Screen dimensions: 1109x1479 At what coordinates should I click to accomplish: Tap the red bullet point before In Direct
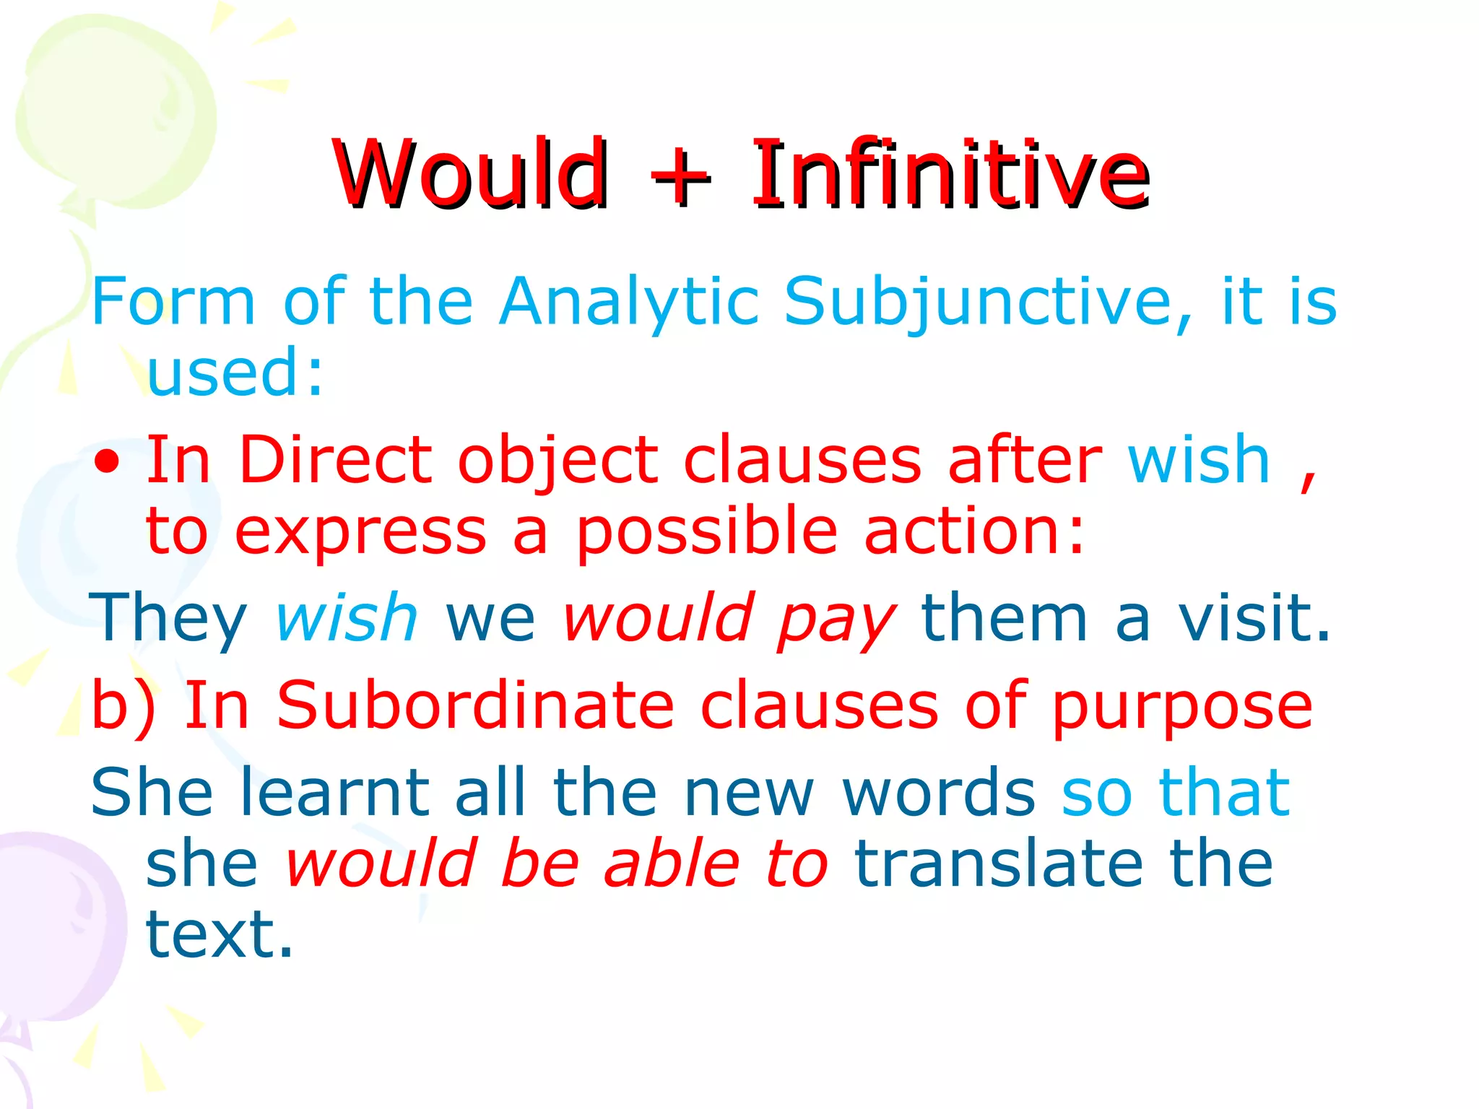107,462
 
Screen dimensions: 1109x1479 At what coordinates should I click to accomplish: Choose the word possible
706,533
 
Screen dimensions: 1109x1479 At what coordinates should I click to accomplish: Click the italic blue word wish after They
347,618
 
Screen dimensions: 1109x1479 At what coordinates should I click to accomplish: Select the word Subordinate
475,705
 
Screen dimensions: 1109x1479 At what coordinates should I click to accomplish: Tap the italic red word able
672,864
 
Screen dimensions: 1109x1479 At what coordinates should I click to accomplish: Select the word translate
998,864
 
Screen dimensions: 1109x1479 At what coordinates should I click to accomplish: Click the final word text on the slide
219,934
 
